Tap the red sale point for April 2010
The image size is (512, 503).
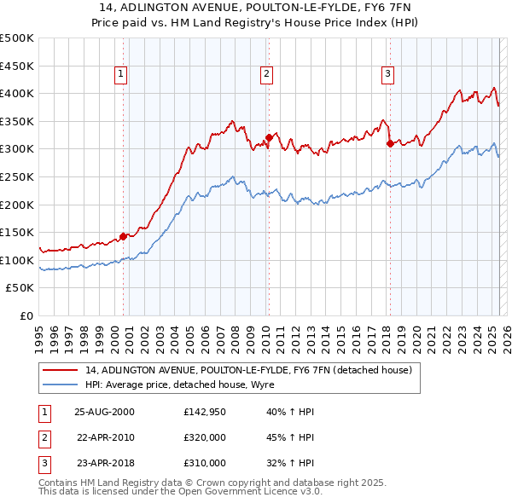pyautogui.click(x=269, y=137)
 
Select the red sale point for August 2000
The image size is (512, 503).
pyautogui.click(x=123, y=236)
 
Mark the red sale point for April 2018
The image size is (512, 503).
pyautogui.click(x=389, y=143)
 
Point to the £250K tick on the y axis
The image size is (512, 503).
pyautogui.click(x=18, y=176)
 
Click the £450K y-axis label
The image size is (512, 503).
pyautogui.click(x=18, y=66)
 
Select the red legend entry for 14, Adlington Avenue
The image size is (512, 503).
pyautogui.click(x=248, y=370)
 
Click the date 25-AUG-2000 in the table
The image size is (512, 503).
pyautogui.click(x=104, y=412)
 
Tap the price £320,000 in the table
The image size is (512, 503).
pyautogui.click(x=205, y=437)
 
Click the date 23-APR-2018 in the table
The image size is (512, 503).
pyautogui.click(x=104, y=463)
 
